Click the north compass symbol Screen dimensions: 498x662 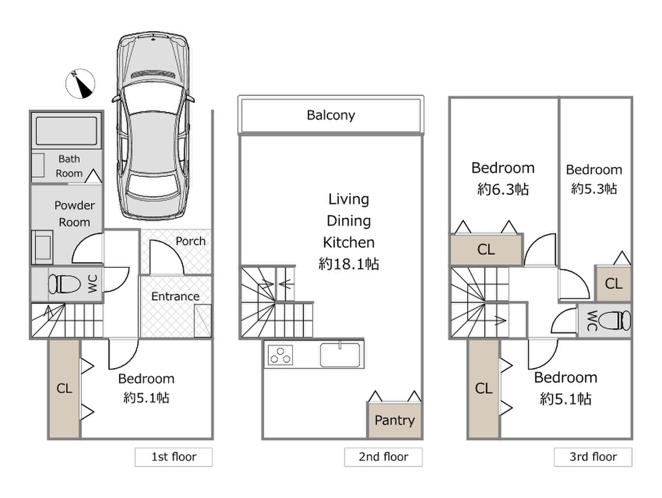pyautogui.click(x=80, y=84)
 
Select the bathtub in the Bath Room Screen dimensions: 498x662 pyautogui.click(x=65, y=131)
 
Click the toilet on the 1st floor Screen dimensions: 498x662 pyautogui.click(x=65, y=285)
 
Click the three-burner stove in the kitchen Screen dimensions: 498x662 pyautogui.click(x=280, y=355)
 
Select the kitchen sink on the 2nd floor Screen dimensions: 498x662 pyautogui.click(x=341, y=355)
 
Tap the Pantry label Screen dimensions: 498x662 pyautogui.click(x=394, y=420)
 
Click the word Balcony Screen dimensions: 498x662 pyautogui.click(x=331, y=115)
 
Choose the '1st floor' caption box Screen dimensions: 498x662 pyautogui.click(x=174, y=457)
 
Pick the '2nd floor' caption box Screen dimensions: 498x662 pyautogui.click(x=383, y=457)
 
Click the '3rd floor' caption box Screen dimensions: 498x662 pyautogui.click(x=593, y=457)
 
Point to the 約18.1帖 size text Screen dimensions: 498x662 pyautogui.click(x=349, y=264)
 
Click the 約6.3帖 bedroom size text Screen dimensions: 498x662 pyautogui.click(x=503, y=189)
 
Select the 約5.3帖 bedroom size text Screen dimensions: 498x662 pyautogui.click(x=593, y=189)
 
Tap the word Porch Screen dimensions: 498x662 pyautogui.click(x=190, y=241)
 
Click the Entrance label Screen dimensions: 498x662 pyautogui.click(x=175, y=296)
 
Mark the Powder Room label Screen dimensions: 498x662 pyautogui.click(x=74, y=214)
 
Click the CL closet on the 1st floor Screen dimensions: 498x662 pyautogui.click(x=64, y=389)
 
